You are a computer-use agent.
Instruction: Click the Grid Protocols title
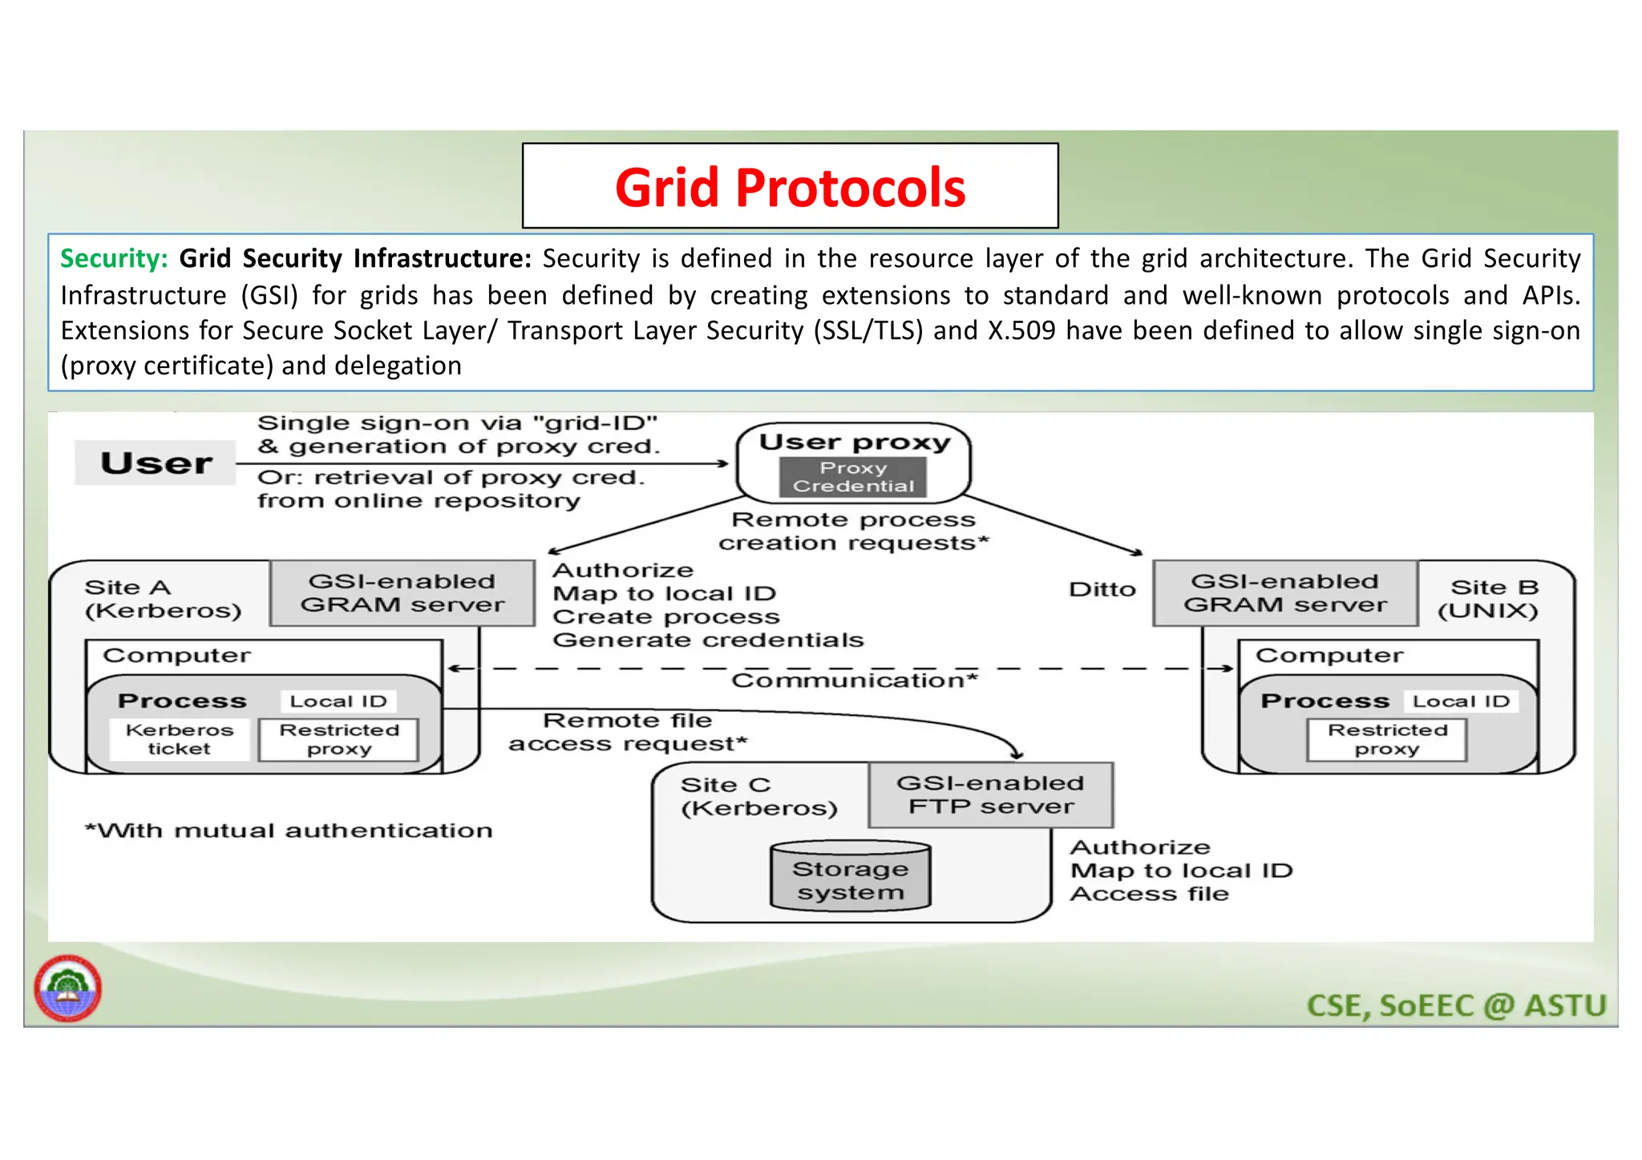tap(790, 188)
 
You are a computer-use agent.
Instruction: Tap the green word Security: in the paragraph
tap(114, 259)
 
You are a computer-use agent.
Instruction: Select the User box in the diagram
tap(156, 463)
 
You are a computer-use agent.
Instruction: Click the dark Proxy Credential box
tap(853, 477)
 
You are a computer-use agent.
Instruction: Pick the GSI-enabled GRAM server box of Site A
tap(402, 593)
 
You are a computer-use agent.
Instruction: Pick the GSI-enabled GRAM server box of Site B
tap(1284, 593)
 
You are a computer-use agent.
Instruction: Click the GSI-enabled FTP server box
tap(990, 794)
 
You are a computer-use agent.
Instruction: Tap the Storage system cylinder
tap(850, 879)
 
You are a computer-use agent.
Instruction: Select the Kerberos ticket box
tap(180, 739)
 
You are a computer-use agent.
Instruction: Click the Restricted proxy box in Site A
tap(338, 739)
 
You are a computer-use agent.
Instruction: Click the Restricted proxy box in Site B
tap(1387, 739)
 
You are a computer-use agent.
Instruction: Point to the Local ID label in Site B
tap(1460, 701)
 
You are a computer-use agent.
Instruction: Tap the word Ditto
tap(1102, 590)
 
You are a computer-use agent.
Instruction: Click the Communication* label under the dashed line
tap(854, 681)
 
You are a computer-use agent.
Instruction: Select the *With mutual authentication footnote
tap(289, 831)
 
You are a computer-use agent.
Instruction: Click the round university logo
tap(68, 988)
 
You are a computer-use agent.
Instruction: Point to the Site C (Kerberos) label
tap(758, 796)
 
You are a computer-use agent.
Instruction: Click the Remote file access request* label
tap(627, 732)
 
